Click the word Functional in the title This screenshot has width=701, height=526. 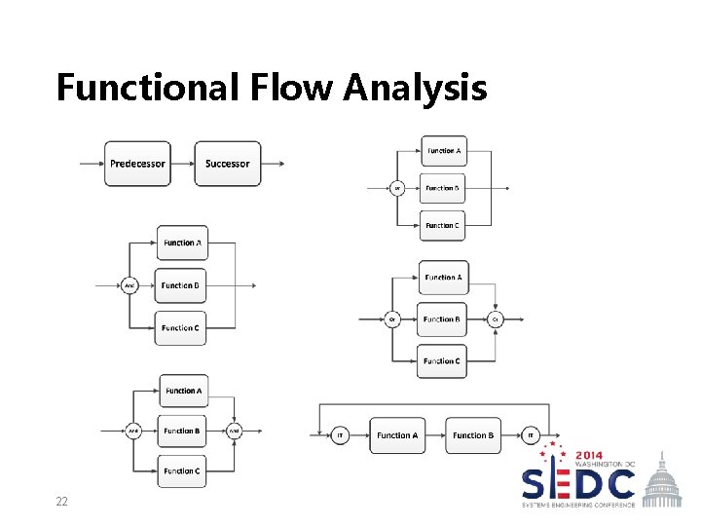point(145,87)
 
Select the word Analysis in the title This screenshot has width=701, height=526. point(415,87)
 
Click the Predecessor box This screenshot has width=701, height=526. point(136,164)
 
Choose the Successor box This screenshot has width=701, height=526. point(227,164)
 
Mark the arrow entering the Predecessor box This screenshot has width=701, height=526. point(92,164)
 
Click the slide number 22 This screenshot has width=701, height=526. point(61,501)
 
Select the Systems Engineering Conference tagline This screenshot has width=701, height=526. point(578,505)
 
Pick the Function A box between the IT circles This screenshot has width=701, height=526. point(397,434)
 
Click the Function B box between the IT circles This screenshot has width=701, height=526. point(473,434)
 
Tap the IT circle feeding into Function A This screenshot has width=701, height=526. point(340,434)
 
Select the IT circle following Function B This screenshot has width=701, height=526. point(532,434)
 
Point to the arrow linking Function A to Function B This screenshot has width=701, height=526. point(436,434)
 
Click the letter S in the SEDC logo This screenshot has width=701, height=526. point(536,484)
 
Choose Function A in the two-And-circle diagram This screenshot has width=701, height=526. point(182,391)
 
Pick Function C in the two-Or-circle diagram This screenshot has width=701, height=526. point(441,361)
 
